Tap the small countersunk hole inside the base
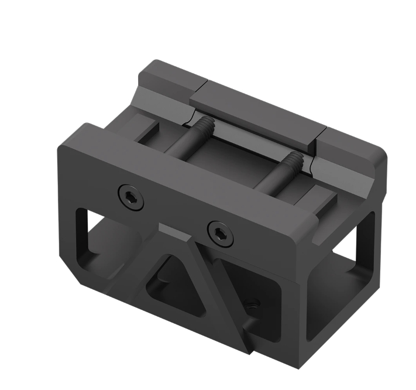[253, 304]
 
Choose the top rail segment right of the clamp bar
[351, 149]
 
